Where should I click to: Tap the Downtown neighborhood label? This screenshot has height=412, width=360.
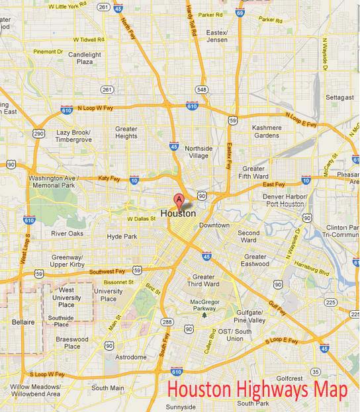[x=214, y=225]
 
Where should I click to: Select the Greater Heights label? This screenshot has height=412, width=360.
[x=126, y=133]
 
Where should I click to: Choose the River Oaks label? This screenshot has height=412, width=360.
[x=67, y=233]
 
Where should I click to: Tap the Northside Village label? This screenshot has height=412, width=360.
[x=199, y=151]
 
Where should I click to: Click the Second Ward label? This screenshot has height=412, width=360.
[x=249, y=237]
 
